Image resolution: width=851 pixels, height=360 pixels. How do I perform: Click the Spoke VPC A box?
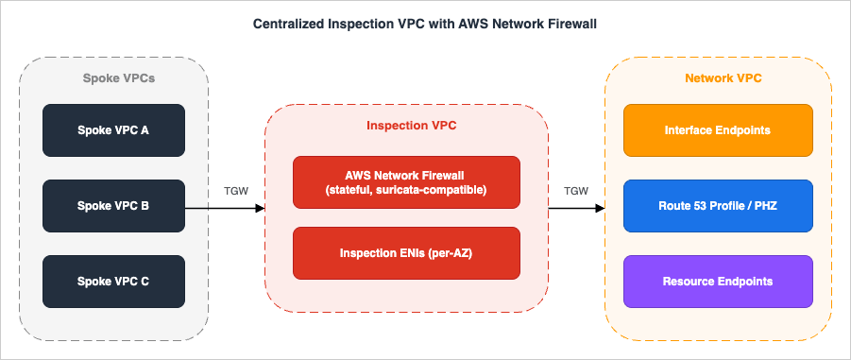pyautogui.click(x=113, y=129)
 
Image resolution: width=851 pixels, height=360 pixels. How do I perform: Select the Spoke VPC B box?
pyautogui.click(x=113, y=205)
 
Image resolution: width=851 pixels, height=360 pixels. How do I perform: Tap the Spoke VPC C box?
pyautogui.click(x=113, y=281)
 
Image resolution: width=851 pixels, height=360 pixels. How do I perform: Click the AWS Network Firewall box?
pyautogui.click(x=406, y=181)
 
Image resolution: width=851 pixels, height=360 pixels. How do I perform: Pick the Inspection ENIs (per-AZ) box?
pyautogui.click(x=406, y=253)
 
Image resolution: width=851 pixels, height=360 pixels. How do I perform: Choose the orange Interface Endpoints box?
pyautogui.click(x=718, y=129)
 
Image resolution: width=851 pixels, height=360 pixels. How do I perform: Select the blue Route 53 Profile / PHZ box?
pyautogui.click(x=718, y=205)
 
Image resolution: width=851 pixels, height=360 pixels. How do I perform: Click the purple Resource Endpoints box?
pyautogui.click(x=718, y=281)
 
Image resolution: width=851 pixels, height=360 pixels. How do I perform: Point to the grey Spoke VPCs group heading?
pyautogui.click(x=113, y=78)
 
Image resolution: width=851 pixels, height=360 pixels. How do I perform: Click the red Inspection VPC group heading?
pyautogui.click(x=406, y=126)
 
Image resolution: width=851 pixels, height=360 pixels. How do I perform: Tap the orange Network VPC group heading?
pyautogui.click(x=718, y=78)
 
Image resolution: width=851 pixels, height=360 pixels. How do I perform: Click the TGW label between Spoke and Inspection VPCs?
pyautogui.click(x=236, y=191)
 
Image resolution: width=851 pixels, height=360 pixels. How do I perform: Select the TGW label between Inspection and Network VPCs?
pyautogui.click(x=576, y=191)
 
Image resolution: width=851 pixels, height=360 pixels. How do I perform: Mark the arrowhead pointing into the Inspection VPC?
pyautogui.click(x=260, y=206)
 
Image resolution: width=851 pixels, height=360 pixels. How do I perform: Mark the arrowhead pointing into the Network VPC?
pyautogui.click(x=600, y=206)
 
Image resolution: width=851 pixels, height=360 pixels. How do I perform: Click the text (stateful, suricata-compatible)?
pyautogui.click(x=406, y=190)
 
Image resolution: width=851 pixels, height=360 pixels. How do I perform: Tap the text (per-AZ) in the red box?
pyautogui.click(x=452, y=253)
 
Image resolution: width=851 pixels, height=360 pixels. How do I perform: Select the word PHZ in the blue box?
pyautogui.click(x=762, y=205)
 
